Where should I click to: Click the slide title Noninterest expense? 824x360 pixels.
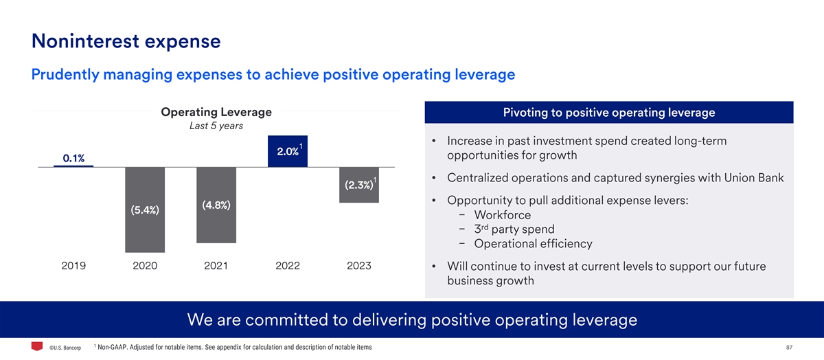[x=126, y=41]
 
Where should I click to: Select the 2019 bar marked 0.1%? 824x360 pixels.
[x=73, y=166]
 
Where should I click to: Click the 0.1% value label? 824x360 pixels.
[x=73, y=159]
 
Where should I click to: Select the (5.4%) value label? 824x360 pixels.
[x=144, y=210]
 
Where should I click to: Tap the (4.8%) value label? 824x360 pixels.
[x=216, y=205]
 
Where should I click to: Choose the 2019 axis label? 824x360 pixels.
[x=73, y=266]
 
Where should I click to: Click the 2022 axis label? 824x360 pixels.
[x=287, y=266]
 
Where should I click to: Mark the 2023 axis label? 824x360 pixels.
[x=358, y=266]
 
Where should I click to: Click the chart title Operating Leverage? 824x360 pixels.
[x=216, y=112]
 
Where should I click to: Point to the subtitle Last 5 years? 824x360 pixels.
[x=216, y=126]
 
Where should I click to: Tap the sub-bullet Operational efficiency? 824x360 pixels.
[x=533, y=243]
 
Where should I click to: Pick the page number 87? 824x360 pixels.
[x=788, y=347]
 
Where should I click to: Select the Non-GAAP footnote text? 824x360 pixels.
[x=235, y=347]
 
